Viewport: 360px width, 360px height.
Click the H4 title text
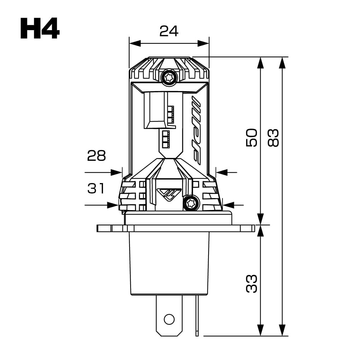pos(40,28)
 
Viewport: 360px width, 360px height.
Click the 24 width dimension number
pos(169,31)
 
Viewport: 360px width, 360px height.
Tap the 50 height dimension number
pos(251,137)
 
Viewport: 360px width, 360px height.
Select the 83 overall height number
pos(273,138)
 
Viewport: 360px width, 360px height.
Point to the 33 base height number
pos(251,284)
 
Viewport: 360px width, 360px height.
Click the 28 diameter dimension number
pos(97,156)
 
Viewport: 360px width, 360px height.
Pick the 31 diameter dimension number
pos(96,188)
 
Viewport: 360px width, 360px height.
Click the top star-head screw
pos(169,77)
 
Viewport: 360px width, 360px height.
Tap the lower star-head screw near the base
pos(191,203)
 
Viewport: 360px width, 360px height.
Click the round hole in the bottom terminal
pos(169,319)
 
